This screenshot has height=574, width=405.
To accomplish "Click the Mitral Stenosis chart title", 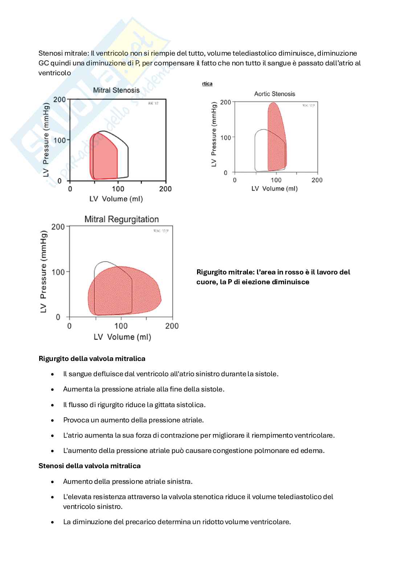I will click(x=116, y=90).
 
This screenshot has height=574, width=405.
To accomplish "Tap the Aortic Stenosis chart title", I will click(x=275, y=94).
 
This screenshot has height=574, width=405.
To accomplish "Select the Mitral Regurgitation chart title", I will click(x=122, y=219).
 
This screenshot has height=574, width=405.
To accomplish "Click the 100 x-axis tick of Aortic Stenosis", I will click(x=276, y=180).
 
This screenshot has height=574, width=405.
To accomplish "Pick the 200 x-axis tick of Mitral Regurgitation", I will click(x=172, y=326).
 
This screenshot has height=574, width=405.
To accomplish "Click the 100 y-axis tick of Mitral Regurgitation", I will click(x=58, y=272).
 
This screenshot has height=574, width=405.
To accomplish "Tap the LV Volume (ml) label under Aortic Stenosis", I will click(x=274, y=189).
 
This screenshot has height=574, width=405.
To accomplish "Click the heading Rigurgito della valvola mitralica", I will click(x=92, y=359).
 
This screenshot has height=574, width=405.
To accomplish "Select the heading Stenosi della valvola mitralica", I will click(x=89, y=466).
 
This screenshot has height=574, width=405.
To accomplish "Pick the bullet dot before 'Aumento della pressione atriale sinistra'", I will click(x=53, y=482).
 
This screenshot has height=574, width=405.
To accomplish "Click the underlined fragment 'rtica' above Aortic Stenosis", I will click(x=207, y=84).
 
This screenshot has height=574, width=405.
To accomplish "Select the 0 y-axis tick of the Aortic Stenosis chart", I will click(x=226, y=172).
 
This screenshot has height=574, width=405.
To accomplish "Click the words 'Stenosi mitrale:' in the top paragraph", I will click(x=64, y=53).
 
